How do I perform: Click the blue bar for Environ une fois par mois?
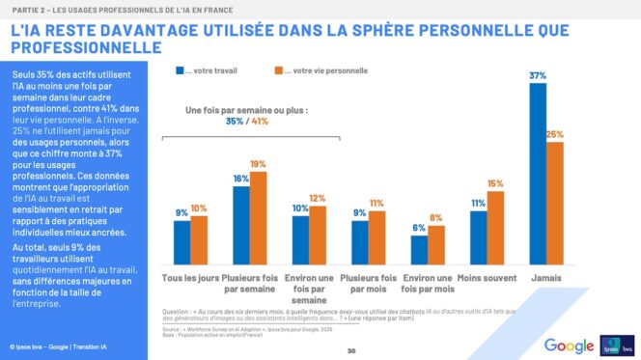click(x=419, y=250)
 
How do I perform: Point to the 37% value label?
click(x=538, y=75)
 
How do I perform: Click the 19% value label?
click(x=258, y=164)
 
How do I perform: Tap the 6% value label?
click(x=419, y=227)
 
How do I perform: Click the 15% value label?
click(x=495, y=183)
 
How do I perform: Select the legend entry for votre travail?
click(x=207, y=70)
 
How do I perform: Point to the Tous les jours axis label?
click(x=189, y=278)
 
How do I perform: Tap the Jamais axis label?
click(x=546, y=278)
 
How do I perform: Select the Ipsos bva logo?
click(x=615, y=345)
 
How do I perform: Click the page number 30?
click(x=351, y=350)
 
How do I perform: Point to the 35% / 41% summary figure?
click(x=248, y=123)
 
